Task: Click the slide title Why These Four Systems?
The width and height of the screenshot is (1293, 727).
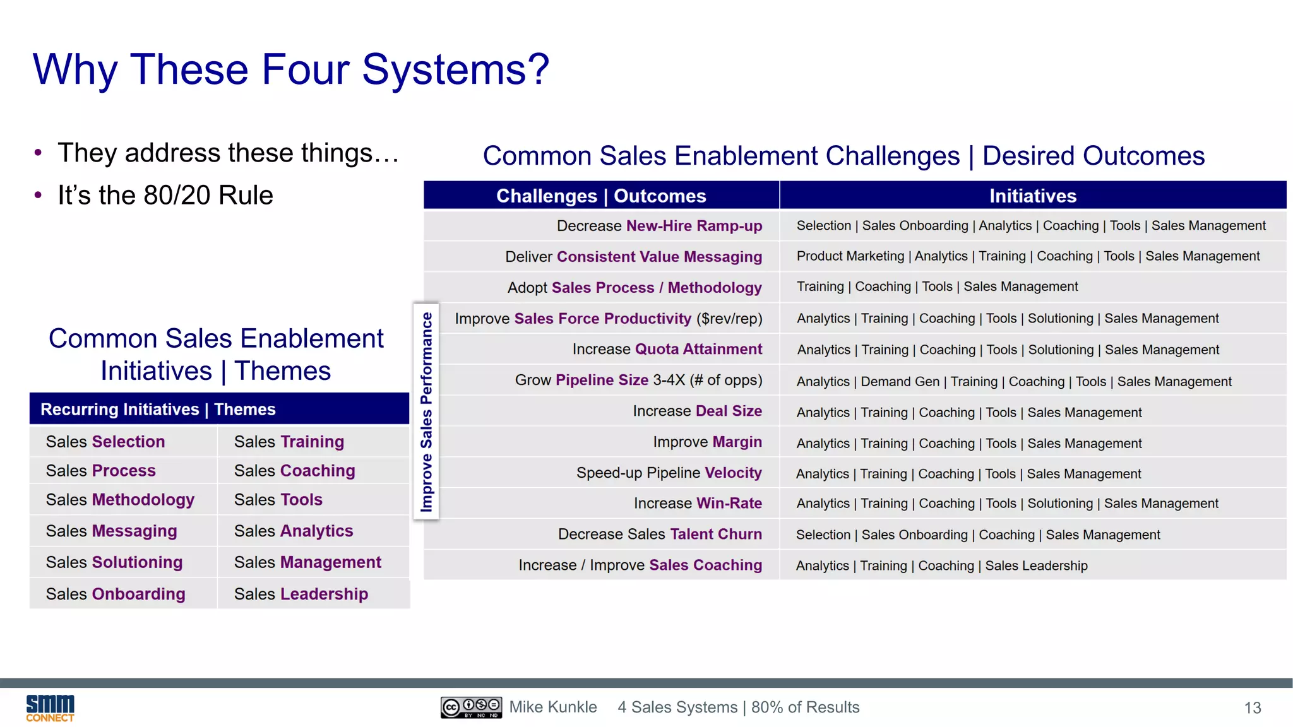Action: coord(291,69)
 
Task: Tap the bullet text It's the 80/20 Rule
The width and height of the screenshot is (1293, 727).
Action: coord(165,196)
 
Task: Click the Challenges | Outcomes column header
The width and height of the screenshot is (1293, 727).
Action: coord(600,196)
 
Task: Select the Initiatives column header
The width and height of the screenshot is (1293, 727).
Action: coord(1032,196)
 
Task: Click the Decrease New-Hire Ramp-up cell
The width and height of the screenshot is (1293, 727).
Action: coord(659,226)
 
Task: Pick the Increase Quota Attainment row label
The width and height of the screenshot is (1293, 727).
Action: coord(667,349)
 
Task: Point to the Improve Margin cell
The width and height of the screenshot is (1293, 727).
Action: coord(707,442)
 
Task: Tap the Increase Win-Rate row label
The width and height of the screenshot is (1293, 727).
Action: coord(698,503)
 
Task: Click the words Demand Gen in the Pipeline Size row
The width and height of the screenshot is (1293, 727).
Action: coord(900,382)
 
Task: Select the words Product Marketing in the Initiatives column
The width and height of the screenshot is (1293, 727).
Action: coord(850,256)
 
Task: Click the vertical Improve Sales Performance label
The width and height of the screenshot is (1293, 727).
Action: coord(427,411)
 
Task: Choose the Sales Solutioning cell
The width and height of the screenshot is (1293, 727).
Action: coord(114,562)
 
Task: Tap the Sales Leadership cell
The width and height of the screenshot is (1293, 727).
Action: coord(301,594)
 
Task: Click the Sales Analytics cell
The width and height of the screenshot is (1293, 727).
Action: coord(294,531)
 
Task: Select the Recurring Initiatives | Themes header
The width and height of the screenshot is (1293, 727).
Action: coord(158,410)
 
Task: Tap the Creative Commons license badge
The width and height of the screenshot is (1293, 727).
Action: coord(471,707)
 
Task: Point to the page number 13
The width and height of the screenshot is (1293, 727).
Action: coord(1252,708)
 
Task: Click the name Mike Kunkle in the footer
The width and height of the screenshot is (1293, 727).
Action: coord(553,707)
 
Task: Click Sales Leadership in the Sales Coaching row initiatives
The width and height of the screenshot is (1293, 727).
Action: coord(1036,566)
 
